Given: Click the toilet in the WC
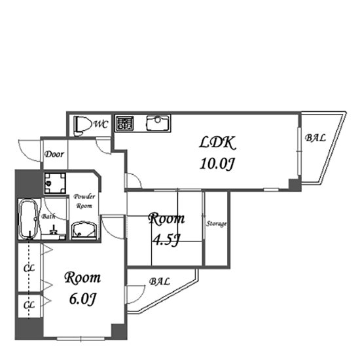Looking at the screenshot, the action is (x=81, y=126).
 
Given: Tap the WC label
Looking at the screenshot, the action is (x=101, y=124).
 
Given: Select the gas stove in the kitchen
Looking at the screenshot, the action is (x=124, y=123).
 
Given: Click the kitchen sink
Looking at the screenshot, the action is (x=158, y=123).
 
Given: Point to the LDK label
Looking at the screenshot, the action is (x=217, y=143).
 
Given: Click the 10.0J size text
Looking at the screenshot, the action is (x=217, y=164).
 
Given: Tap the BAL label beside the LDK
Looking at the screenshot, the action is (x=315, y=137).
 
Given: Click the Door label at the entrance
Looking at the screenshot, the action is (x=54, y=154).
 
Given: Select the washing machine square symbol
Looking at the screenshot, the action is (x=55, y=183).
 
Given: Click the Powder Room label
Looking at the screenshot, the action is (x=84, y=201).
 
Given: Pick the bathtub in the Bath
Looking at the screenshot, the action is (x=29, y=219).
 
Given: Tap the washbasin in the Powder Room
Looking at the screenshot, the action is (x=84, y=230).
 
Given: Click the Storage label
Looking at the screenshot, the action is (x=216, y=224).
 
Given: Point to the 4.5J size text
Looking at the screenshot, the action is (x=166, y=240).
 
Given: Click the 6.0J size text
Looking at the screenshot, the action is (x=82, y=298).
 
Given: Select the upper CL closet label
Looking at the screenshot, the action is (x=29, y=268).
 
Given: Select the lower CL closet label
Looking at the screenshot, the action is (x=29, y=305).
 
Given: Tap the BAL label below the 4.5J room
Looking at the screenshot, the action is (x=160, y=281).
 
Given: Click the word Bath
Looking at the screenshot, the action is (x=48, y=216).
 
